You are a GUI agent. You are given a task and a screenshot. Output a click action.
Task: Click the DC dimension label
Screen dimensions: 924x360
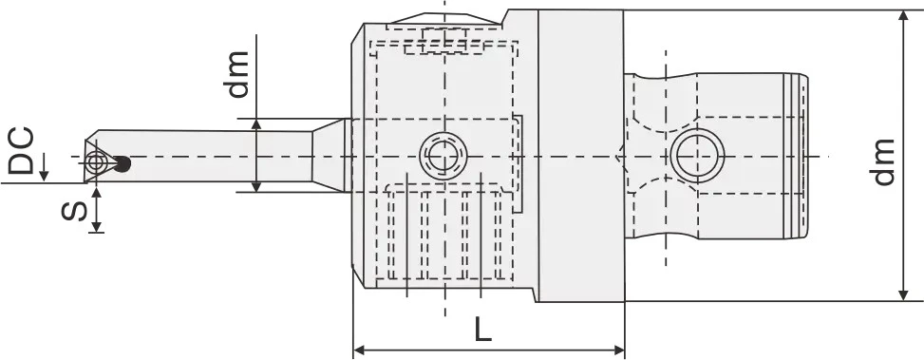pyautogui.click(x=21, y=151)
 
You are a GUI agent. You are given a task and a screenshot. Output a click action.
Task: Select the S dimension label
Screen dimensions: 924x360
pyautogui.click(x=74, y=210)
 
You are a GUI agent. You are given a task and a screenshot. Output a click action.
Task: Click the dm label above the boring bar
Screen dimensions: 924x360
pyautogui.click(x=236, y=74)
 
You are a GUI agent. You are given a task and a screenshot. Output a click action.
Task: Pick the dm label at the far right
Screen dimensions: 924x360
pyautogui.click(x=883, y=162)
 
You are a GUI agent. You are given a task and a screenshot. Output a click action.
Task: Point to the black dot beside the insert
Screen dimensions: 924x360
pyautogui.click(x=122, y=163)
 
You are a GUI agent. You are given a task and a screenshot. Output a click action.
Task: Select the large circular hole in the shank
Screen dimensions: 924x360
pyautogui.click(x=698, y=156)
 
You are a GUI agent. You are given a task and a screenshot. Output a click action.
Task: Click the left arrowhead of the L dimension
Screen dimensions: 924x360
pyautogui.click(x=358, y=351)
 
